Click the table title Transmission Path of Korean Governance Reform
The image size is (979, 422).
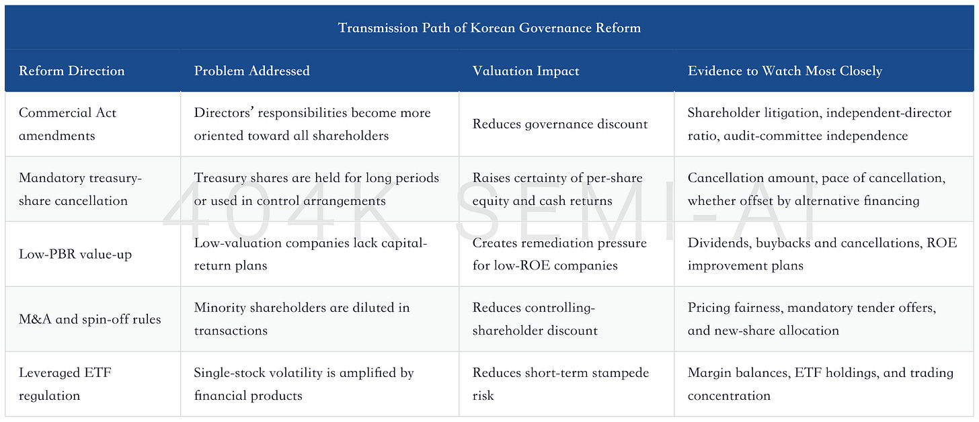489,28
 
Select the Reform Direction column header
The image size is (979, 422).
72,71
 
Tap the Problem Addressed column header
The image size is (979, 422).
251,71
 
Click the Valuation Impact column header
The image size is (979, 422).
526,71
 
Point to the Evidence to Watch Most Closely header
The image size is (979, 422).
785,71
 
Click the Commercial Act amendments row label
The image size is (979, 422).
67,124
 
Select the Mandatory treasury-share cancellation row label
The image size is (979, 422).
80,189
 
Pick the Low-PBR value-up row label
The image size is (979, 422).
75,254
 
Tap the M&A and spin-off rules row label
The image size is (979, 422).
89,319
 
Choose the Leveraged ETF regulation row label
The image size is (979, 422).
65,384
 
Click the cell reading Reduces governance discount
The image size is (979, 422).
560,124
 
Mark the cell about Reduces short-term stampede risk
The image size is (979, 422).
561,384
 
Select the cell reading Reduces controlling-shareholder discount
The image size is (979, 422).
535,319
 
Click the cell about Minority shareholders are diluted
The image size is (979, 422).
301,319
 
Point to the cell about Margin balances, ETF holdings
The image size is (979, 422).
820,384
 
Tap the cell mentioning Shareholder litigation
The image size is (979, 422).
820,124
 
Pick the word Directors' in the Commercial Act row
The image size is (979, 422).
224,113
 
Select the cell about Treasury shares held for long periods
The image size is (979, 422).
317,189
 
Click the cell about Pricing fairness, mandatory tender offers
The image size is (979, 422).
812,319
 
